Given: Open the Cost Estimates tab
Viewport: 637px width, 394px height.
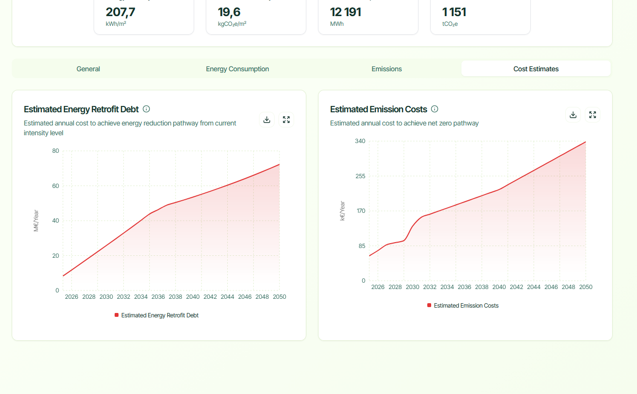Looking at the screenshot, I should [x=536, y=69].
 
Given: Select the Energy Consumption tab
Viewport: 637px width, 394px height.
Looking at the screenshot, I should [x=237, y=69].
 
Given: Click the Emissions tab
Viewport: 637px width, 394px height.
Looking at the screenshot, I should [x=386, y=69].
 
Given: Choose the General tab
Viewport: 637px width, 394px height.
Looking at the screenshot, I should [x=88, y=69].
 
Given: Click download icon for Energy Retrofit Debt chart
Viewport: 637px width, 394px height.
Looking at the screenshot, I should [x=267, y=120].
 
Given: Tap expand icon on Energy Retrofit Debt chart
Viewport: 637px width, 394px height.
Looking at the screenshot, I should [x=286, y=120].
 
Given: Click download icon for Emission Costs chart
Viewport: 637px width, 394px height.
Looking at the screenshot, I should [x=573, y=115].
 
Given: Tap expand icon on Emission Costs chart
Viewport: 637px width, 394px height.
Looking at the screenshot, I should [x=593, y=115].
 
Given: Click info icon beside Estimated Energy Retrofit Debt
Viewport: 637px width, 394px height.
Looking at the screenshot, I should [x=146, y=109].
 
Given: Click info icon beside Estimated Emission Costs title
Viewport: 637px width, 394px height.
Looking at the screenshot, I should [x=435, y=109].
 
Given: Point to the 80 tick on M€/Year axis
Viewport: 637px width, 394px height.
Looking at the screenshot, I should [x=56, y=151].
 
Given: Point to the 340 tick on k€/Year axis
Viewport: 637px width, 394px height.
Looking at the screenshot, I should [x=360, y=141].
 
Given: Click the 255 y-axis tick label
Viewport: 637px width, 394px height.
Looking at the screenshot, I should [x=360, y=176].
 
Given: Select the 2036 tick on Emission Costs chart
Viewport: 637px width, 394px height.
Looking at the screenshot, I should [x=464, y=287].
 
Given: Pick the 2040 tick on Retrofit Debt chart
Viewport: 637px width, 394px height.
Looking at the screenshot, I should [x=193, y=297].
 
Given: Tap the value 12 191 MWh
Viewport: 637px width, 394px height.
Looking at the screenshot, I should [x=345, y=13].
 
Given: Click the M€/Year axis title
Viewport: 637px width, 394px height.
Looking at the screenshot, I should [x=36, y=221].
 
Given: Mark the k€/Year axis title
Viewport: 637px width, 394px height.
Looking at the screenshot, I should [x=342, y=211].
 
